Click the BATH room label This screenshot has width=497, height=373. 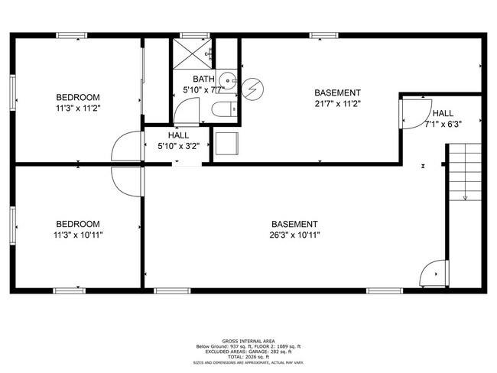(203, 79)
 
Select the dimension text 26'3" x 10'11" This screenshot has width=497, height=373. (294, 235)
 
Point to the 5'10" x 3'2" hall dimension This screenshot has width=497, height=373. (178, 146)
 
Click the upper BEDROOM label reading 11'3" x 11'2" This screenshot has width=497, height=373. (79, 108)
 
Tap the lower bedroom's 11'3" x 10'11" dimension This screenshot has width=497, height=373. (79, 235)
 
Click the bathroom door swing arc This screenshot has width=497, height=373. (186, 113)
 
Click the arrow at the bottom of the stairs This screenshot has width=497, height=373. (466, 198)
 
